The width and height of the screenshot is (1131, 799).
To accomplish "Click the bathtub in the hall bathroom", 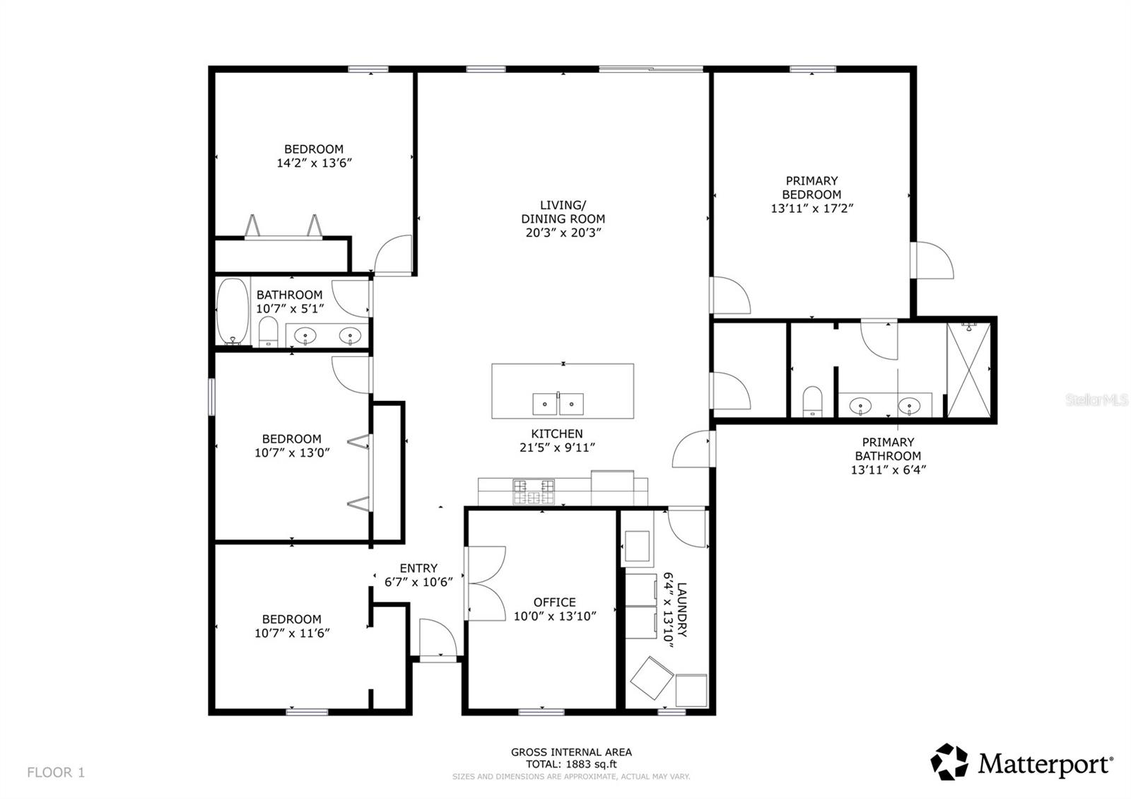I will [233, 311].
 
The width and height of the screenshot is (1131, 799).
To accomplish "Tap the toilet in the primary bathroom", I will [813, 402].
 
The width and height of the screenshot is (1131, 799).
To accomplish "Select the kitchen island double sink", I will [558, 404].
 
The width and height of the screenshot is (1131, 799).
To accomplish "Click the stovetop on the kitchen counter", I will [534, 491].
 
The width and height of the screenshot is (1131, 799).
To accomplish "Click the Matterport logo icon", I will [949, 762].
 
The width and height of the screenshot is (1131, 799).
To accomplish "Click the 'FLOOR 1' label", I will [56, 772].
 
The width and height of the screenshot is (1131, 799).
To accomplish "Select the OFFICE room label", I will [554, 602].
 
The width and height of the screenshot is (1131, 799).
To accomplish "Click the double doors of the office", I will [485, 583].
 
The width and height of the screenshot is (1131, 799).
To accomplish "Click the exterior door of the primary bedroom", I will [933, 260].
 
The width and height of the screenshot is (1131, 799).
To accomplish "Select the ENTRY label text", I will [418, 568].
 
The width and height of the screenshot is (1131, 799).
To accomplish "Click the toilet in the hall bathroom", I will [268, 332].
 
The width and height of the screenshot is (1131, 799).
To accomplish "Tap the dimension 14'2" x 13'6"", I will [314, 163].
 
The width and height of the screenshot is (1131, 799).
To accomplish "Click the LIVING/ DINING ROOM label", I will [563, 212].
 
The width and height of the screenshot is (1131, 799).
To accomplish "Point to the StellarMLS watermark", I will [1096, 400].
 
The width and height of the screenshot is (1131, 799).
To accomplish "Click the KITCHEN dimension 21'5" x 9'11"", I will [557, 447].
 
